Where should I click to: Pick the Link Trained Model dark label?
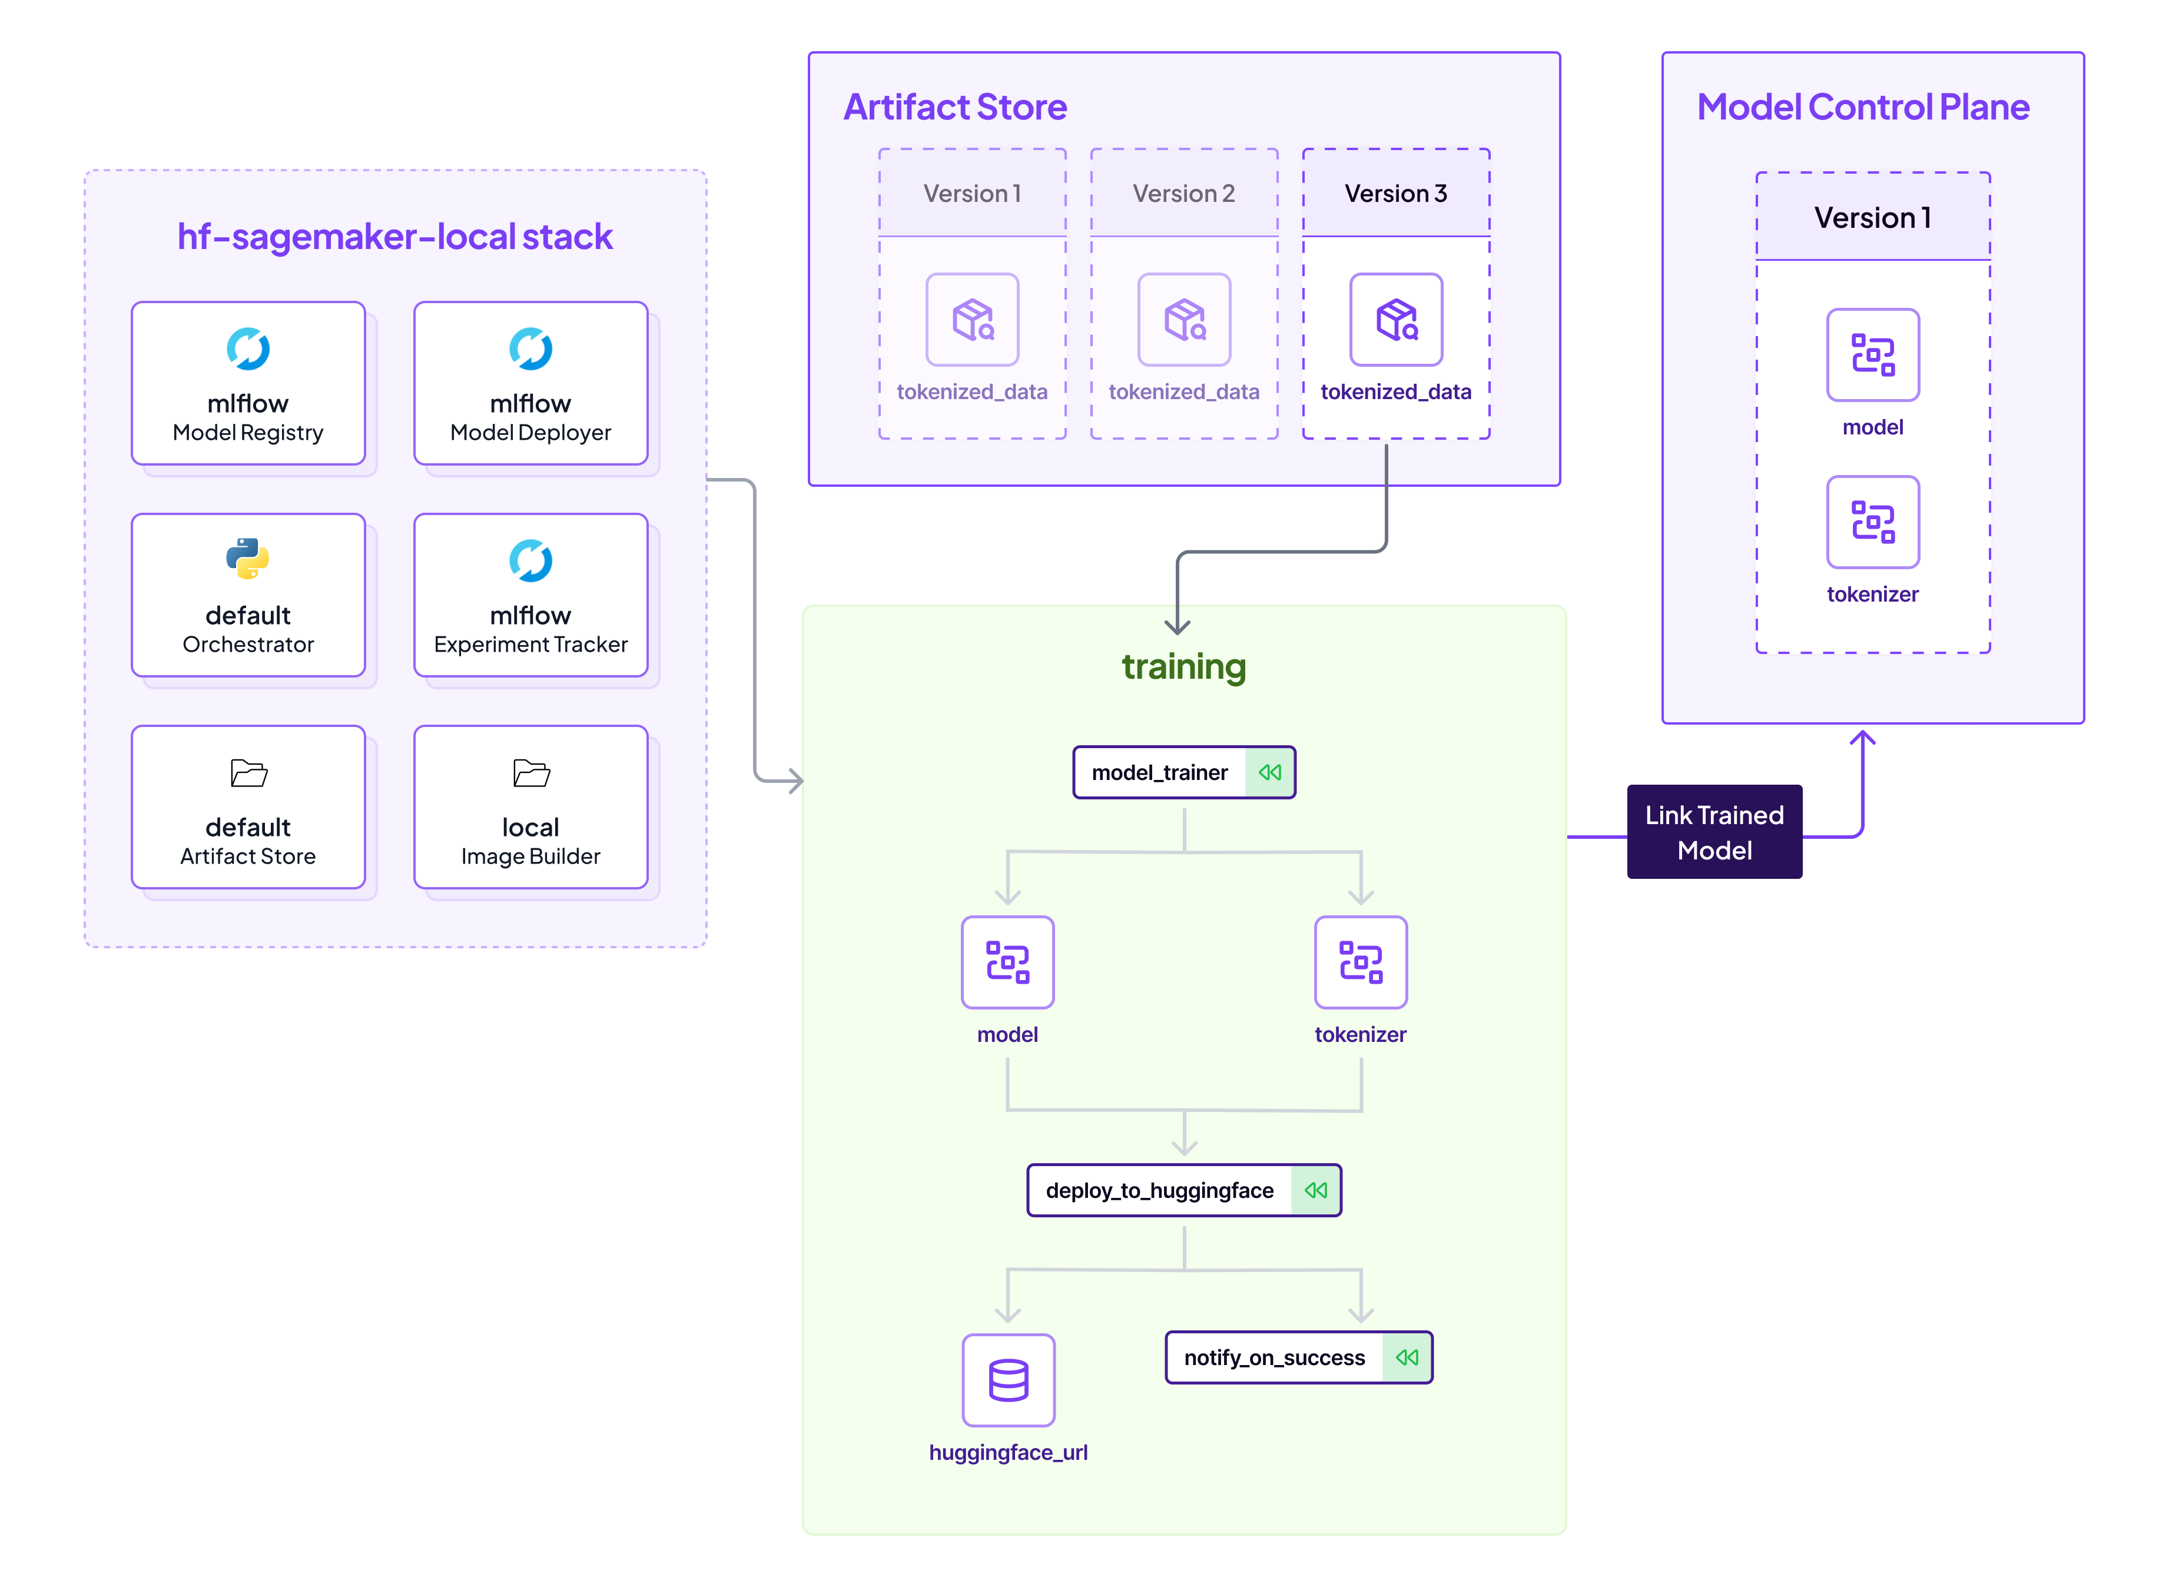pos(1714,832)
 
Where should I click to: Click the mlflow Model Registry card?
pos(248,383)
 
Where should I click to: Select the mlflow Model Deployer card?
pos(530,383)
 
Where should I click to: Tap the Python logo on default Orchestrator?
pos(248,558)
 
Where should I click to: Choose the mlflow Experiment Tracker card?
pos(530,595)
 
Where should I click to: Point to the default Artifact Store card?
pos(248,807)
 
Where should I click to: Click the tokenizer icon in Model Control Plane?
pos(1872,522)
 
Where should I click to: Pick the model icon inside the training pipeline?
pos(1007,962)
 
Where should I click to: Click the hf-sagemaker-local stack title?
pos(395,236)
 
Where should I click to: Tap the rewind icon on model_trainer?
pos(1270,772)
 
